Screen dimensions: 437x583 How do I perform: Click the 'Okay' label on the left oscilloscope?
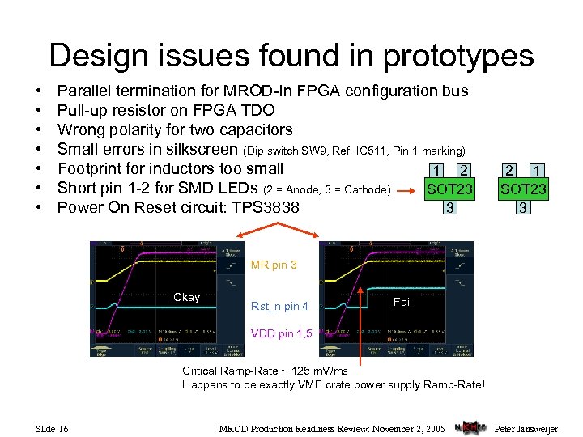(x=186, y=297)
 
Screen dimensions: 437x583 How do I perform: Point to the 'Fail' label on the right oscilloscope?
(x=402, y=302)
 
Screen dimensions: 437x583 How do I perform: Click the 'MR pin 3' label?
(x=274, y=265)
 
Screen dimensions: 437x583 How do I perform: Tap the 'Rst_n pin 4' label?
(x=279, y=306)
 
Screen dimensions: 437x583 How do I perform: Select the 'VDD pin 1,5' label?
(x=281, y=333)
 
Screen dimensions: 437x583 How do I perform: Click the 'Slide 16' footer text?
(x=52, y=427)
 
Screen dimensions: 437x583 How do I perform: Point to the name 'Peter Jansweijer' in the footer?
(x=526, y=427)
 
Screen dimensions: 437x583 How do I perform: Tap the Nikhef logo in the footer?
(x=470, y=426)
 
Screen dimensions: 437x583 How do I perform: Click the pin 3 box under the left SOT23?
(x=448, y=207)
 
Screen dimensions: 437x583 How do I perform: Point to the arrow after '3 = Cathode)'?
(x=409, y=190)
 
